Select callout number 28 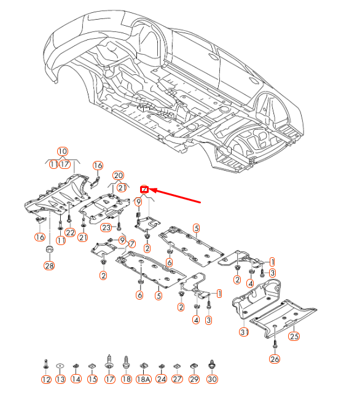49,265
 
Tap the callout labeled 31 244,332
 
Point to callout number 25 294,336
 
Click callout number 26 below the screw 275,359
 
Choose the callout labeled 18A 143,380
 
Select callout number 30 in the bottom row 212,380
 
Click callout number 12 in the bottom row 46,380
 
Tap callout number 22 70,232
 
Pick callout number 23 106,227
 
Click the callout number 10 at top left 63,151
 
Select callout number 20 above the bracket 118,176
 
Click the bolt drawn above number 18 127,361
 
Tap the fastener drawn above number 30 212,364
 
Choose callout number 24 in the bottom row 161,380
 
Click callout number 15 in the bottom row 92,380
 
